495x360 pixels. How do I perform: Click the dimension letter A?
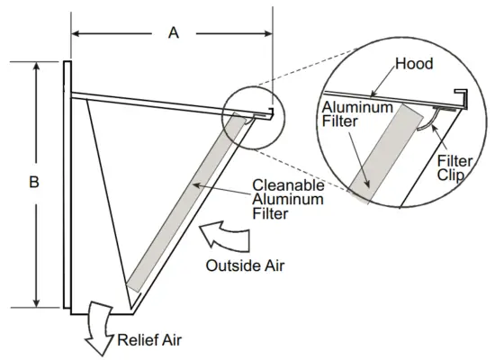tap(173, 33)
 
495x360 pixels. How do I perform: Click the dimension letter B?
tap(34, 183)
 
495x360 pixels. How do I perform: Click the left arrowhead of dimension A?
tap(76, 33)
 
